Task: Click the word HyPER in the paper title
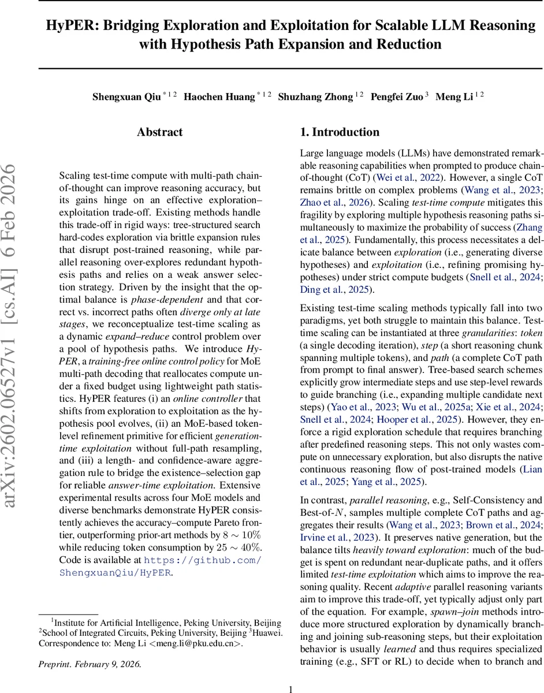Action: click(69, 25)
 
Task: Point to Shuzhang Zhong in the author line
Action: click(316, 97)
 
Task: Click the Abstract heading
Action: click(160, 132)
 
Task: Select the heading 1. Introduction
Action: click(340, 132)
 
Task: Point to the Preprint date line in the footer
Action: click(90, 664)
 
